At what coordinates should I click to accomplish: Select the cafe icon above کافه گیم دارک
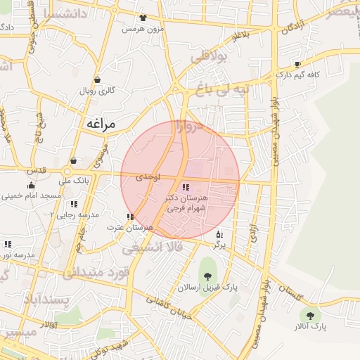coord(297,64)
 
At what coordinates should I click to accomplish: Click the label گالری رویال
coord(96,91)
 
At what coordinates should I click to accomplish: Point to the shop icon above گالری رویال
coord(96,79)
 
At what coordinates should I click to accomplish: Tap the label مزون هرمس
coord(143,29)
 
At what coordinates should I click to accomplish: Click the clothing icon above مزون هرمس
coord(143,18)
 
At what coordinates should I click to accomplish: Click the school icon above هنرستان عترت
coord(129,217)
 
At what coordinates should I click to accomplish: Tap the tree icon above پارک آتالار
coord(309,315)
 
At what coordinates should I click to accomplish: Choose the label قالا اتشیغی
coord(153,248)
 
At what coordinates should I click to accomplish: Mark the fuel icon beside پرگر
coord(219,234)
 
